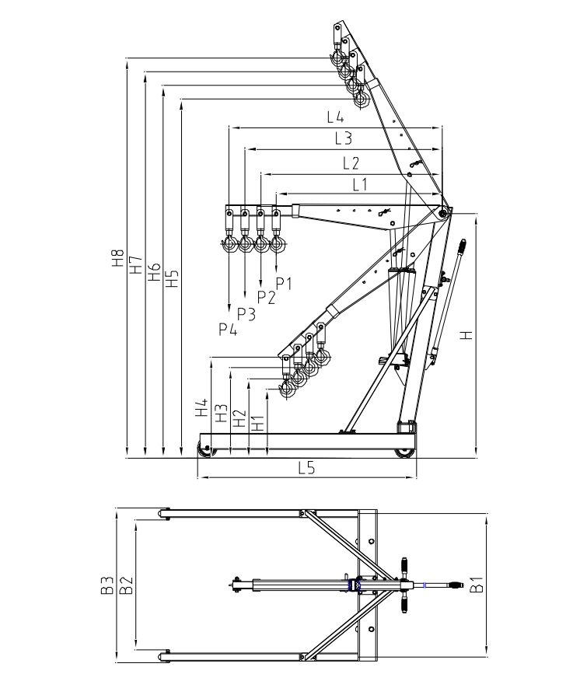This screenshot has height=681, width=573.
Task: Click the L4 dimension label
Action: click(x=335, y=117)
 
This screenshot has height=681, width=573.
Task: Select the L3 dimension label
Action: click(x=344, y=139)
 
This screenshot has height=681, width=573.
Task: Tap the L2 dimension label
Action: click(x=351, y=163)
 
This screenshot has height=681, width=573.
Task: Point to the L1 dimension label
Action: click(x=359, y=184)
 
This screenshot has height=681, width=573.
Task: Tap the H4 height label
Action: click(x=202, y=408)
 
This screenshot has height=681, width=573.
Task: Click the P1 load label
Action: click(x=284, y=283)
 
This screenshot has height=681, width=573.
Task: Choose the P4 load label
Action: click(x=228, y=329)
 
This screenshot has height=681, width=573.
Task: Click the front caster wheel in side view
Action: click(x=206, y=449)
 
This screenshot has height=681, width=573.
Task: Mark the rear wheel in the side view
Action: click(x=404, y=452)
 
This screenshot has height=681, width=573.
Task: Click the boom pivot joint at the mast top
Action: click(x=442, y=212)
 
